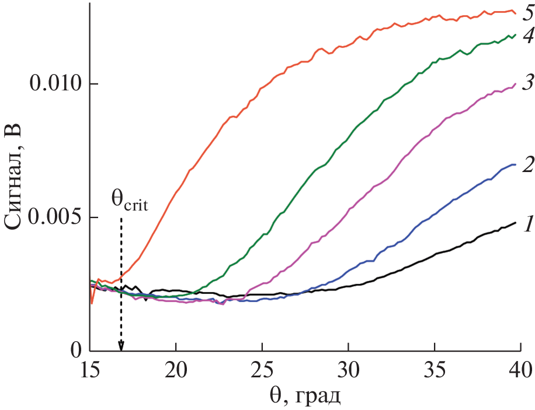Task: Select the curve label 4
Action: (527, 37)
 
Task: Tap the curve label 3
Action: (527, 83)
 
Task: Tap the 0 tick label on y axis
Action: (75, 351)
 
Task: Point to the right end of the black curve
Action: (516, 223)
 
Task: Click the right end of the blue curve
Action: (515, 164)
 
